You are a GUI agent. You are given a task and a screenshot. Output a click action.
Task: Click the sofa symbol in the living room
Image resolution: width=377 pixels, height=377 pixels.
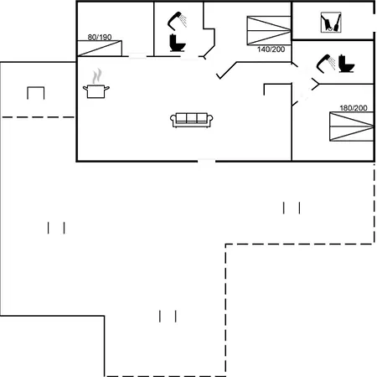[x=192, y=120]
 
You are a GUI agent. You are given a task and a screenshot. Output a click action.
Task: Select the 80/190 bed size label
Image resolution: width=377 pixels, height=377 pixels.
[x=100, y=37]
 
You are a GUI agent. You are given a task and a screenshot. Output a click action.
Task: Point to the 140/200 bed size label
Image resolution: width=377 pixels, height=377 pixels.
[x=271, y=49]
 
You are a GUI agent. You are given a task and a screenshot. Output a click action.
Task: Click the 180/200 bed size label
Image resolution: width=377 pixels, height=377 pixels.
[x=354, y=108]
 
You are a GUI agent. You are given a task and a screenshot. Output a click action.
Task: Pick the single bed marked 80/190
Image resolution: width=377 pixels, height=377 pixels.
[x=100, y=49]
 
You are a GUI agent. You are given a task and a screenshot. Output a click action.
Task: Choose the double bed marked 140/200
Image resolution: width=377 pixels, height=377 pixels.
[x=269, y=30]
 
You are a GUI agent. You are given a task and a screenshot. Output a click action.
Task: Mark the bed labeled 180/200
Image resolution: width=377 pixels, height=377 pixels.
[x=352, y=127]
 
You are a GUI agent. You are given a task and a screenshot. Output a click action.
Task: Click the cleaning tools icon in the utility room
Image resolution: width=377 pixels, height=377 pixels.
[x=331, y=23]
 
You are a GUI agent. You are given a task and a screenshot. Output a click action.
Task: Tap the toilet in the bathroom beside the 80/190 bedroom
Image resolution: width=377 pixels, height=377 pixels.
[x=177, y=43]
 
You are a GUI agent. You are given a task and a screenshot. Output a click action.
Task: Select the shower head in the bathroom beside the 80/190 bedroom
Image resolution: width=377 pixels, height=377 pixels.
[x=177, y=20]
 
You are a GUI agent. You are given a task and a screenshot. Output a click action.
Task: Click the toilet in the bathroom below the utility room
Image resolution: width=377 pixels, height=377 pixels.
[x=346, y=64]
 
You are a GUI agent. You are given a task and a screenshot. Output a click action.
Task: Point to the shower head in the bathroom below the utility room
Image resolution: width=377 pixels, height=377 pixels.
[x=326, y=63]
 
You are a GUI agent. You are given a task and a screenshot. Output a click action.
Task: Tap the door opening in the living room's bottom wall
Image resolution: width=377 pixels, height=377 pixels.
[x=206, y=161]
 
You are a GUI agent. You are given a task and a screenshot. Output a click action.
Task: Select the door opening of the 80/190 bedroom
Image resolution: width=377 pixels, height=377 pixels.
[x=137, y=56]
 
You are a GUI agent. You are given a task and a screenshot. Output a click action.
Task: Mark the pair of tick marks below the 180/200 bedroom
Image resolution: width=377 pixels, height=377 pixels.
[x=292, y=208]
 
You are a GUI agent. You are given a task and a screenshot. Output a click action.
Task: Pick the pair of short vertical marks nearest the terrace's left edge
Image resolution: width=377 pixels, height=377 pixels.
[x=56, y=228]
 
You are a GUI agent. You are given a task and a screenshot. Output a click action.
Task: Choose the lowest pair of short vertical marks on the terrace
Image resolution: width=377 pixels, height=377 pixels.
[x=168, y=316]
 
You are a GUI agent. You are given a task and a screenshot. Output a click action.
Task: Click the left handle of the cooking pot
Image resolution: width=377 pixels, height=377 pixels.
[x=85, y=89]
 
